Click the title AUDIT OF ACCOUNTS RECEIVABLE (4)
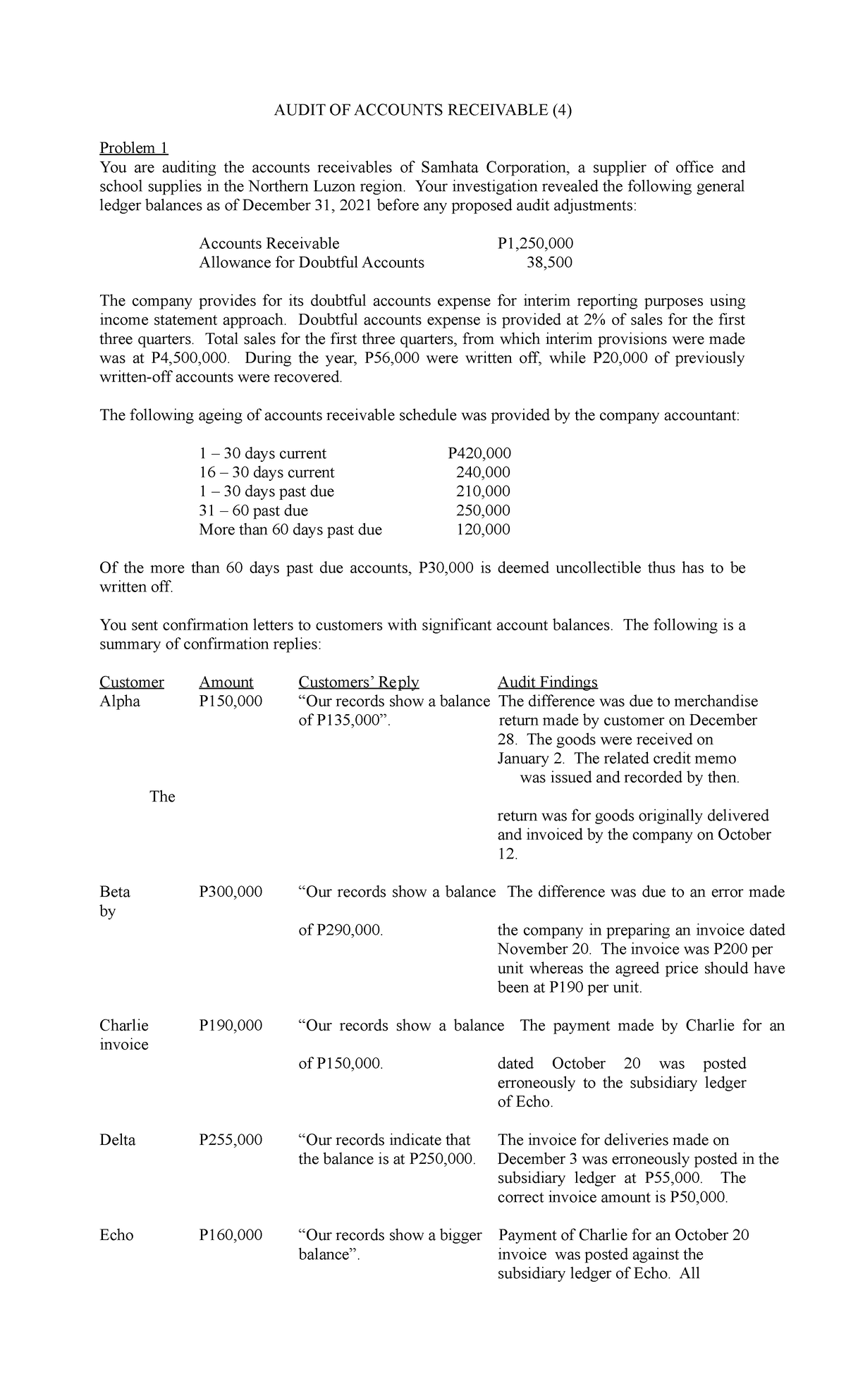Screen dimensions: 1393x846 coord(422,110)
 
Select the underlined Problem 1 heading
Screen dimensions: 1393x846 coord(134,148)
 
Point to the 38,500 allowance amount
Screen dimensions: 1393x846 coord(549,263)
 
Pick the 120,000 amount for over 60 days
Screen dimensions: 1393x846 coord(483,529)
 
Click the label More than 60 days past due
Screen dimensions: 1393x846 coord(290,529)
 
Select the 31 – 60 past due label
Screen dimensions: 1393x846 coord(253,510)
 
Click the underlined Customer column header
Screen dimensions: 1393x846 coord(132,682)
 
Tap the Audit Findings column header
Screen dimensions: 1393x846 coord(547,682)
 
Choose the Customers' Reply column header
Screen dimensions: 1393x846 coord(358,682)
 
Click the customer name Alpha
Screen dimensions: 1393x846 coord(120,701)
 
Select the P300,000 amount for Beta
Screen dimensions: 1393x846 coord(231,892)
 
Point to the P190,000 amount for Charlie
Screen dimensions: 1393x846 coord(231,1025)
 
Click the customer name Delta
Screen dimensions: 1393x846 coord(118,1140)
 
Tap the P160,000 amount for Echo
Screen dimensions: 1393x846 coord(231,1235)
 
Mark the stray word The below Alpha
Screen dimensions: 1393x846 coord(162,797)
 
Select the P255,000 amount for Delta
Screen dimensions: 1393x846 coord(231,1140)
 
